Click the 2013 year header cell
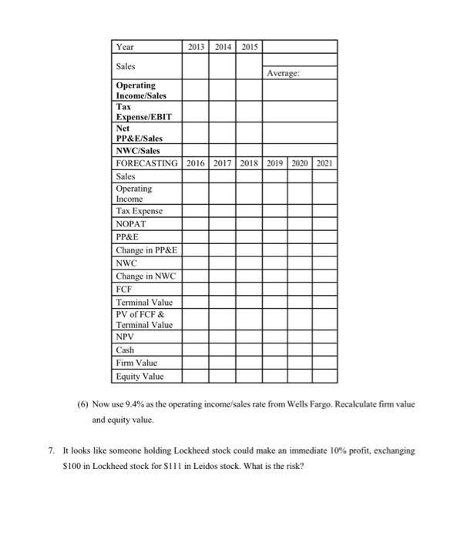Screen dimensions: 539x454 [196, 47]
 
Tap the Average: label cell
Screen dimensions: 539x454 [284, 74]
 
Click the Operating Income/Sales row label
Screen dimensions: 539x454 [136, 90]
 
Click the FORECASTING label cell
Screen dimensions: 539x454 [146, 163]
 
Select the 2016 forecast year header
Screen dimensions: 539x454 [196, 163]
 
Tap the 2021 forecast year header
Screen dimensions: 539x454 [324, 163]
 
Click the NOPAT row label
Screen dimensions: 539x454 [130, 224]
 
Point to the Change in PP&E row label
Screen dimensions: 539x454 [144, 249]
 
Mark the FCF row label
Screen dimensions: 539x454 [124, 289]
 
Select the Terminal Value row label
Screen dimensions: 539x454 [144, 302]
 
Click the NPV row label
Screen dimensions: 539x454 [126, 336]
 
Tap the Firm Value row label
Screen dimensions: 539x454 [136, 363]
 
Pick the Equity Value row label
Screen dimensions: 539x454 [140, 377]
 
